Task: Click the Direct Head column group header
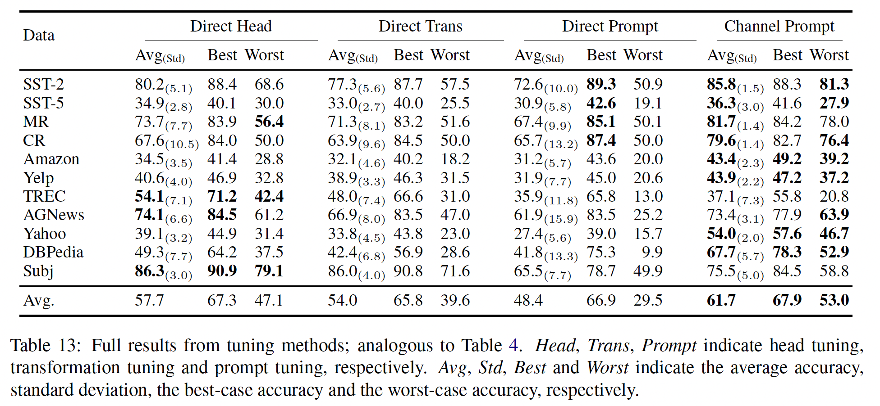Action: pos(231,26)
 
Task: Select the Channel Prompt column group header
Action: pos(779,26)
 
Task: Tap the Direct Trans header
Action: pos(420,26)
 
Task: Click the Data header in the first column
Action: pos(39,35)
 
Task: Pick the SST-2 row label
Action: pos(43,84)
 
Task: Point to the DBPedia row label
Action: pos(53,252)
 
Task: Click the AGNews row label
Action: pos(54,215)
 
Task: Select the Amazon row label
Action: pos(51,159)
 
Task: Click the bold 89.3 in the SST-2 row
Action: pos(601,84)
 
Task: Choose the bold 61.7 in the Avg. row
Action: pos(721,300)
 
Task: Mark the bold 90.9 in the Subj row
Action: pos(222,271)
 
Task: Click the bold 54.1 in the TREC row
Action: pos(149,196)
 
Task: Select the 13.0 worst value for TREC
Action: pos(648,196)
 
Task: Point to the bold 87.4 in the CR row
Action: pos(601,140)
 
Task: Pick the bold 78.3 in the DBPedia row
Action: pos(787,252)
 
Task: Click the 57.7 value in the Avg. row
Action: pos(149,300)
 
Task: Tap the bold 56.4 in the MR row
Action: pos(269,122)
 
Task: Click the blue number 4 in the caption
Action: pos(513,346)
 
